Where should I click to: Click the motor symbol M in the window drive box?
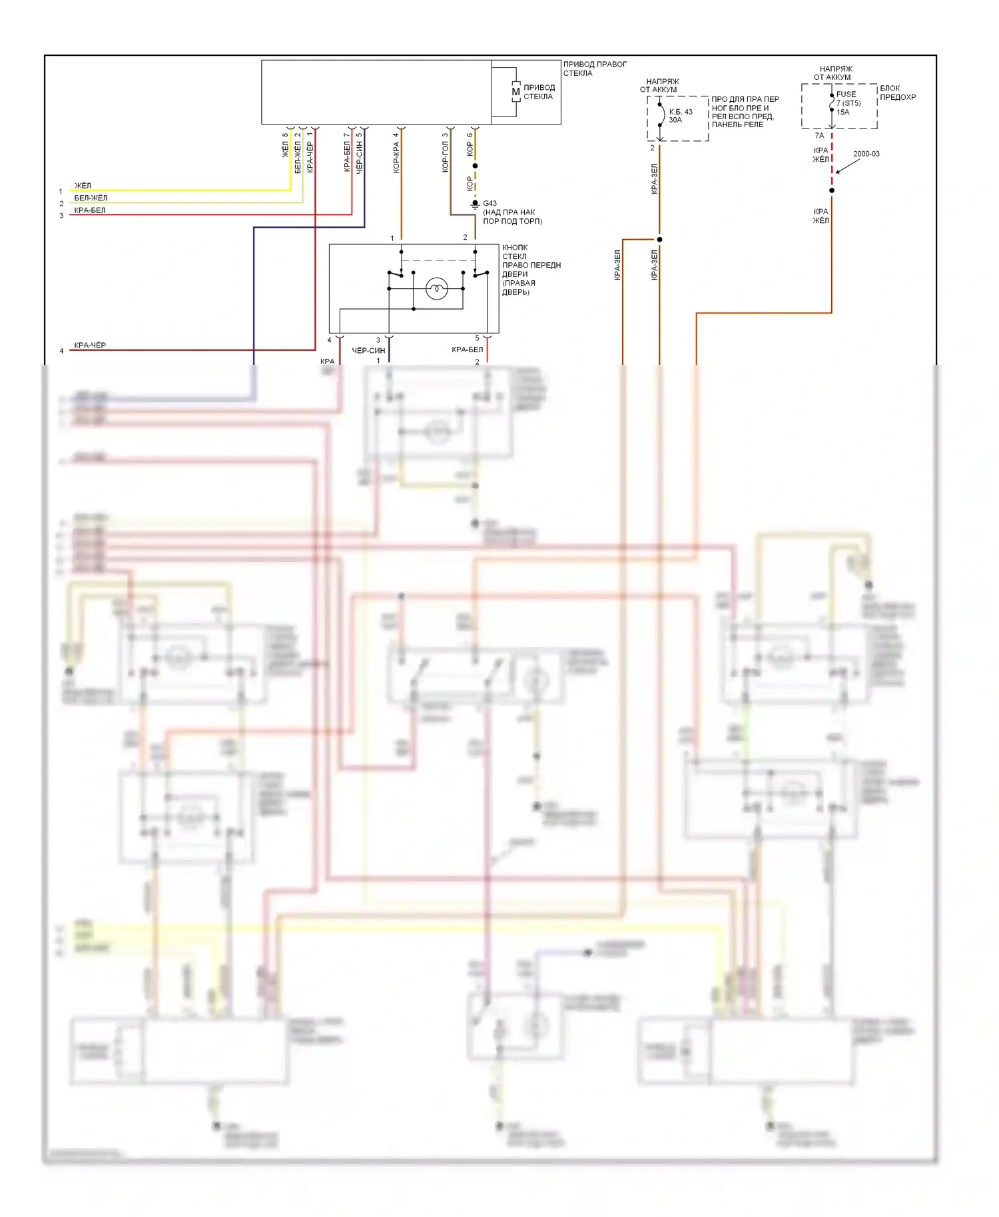[x=515, y=92]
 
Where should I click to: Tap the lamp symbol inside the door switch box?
[x=436, y=288]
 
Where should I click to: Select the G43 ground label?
[x=490, y=204]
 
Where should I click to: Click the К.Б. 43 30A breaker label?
[x=680, y=116]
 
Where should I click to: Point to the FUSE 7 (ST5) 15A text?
[x=848, y=103]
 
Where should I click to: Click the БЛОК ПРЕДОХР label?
[x=897, y=93]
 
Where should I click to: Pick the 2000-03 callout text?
[x=866, y=154]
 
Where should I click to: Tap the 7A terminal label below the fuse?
[x=819, y=136]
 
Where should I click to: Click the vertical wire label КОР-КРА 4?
[x=396, y=153]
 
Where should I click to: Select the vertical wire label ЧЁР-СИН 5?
[x=359, y=154]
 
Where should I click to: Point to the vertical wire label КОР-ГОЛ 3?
[x=445, y=153]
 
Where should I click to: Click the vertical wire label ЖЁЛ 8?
[x=285, y=145]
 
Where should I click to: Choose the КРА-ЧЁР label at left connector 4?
[x=90, y=346]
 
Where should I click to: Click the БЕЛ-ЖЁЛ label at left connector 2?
[x=91, y=198]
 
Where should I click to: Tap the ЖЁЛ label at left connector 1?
[x=83, y=186]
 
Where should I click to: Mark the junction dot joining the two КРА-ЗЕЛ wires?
[x=659, y=240]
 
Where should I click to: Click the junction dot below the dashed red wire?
[x=832, y=190]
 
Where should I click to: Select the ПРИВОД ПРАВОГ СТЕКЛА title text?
[x=594, y=69]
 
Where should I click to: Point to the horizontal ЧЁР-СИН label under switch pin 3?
[x=368, y=350]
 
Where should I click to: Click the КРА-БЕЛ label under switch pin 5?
[x=467, y=350]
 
